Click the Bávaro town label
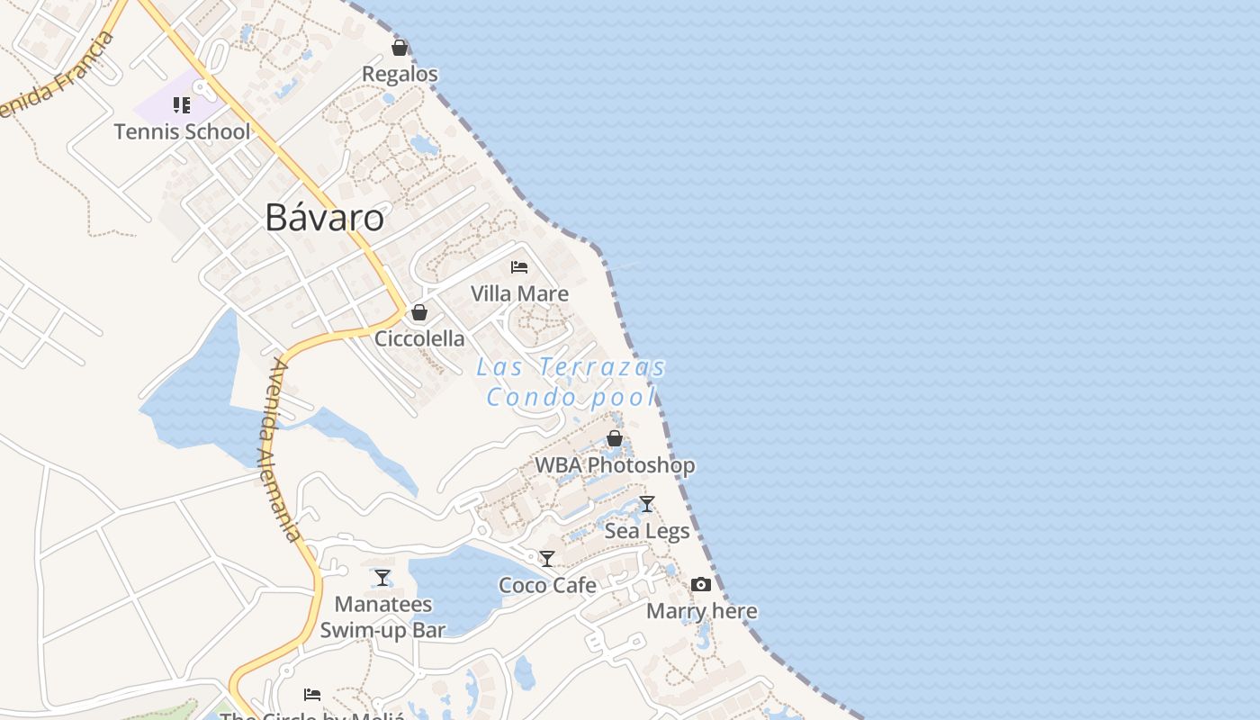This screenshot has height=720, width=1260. pyautogui.click(x=325, y=218)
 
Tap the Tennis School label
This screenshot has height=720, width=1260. pyautogui.click(x=182, y=131)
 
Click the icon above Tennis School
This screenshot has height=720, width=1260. pyautogui.click(x=182, y=105)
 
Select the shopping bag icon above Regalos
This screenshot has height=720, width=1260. pyautogui.click(x=400, y=47)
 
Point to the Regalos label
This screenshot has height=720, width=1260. pyautogui.click(x=400, y=74)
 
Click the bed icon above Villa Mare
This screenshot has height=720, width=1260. pyautogui.click(x=519, y=266)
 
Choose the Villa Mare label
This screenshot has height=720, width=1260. pyautogui.click(x=519, y=293)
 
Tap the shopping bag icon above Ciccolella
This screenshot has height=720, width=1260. pyautogui.click(x=419, y=312)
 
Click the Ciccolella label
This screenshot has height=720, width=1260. pyautogui.click(x=419, y=338)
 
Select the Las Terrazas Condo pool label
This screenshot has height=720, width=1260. pyautogui.click(x=571, y=382)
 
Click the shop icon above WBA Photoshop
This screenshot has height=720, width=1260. pyautogui.click(x=615, y=438)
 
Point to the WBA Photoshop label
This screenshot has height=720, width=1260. pyautogui.click(x=615, y=465)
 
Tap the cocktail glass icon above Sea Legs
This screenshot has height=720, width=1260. pyautogui.click(x=647, y=504)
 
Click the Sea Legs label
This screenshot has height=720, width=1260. pyautogui.click(x=647, y=531)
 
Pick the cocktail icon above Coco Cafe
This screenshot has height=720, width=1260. pyautogui.click(x=547, y=559)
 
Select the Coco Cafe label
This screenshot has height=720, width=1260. pyautogui.click(x=547, y=585)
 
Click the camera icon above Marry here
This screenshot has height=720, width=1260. pyautogui.click(x=701, y=584)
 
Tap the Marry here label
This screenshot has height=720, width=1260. pyautogui.click(x=702, y=611)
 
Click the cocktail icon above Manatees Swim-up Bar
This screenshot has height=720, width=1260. pyautogui.click(x=382, y=577)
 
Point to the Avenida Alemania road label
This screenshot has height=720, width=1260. pyautogui.click(x=283, y=450)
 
